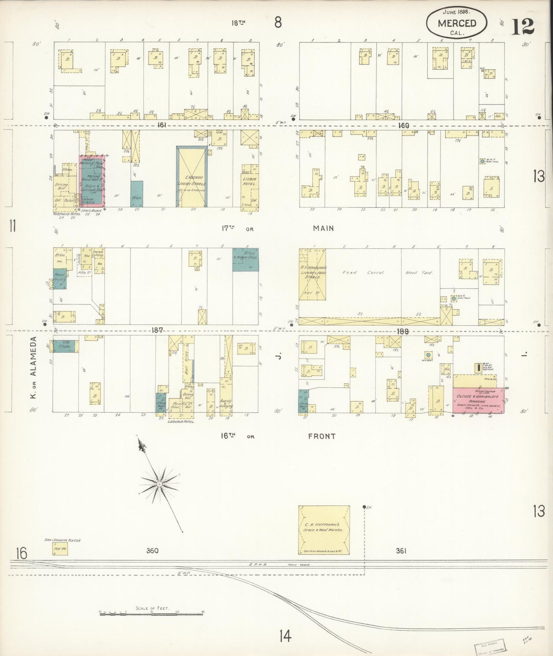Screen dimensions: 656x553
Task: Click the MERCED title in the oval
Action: coord(457,23)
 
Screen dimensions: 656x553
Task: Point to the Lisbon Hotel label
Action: coord(250,181)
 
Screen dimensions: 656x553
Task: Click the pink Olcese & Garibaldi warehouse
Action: coord(478,401)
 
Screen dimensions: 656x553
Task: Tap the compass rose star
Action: coord(159,484)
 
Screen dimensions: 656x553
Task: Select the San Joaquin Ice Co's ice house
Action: coord(60,548)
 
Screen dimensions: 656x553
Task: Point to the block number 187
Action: coord(157,330)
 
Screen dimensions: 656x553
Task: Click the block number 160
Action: coord(403,125)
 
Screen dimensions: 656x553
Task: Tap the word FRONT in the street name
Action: coord(321,436)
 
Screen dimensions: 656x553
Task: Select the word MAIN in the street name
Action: coord(323,228)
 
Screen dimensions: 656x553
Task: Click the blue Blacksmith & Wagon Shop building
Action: coord(245,259)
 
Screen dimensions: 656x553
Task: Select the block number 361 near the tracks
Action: coord(401,550)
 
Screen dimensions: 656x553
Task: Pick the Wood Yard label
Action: coord(419,273)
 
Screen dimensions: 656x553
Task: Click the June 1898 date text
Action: coord(457,12)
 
